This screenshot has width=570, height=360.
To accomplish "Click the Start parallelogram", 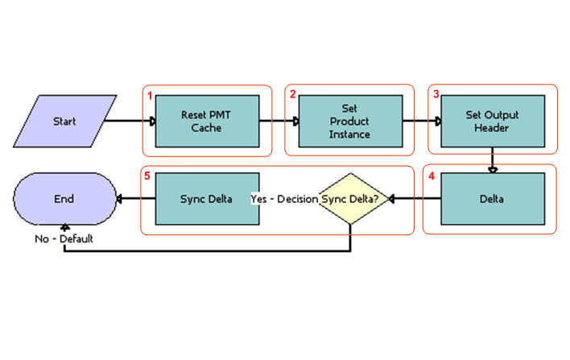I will click(x=64, y=122).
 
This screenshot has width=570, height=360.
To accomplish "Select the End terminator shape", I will click(x=64, y=198).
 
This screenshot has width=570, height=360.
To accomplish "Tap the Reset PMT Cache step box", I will click(x=207, y=122).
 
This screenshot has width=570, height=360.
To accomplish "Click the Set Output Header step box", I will click(x=492, y=122).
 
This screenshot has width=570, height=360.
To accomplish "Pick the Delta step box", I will click(x=492, y=198).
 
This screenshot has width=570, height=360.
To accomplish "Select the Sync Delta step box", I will click(x=207, y=198).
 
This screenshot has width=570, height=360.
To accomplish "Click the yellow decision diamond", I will click(x=351, y=198).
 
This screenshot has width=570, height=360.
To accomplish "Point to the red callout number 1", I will click(x=150, y=95).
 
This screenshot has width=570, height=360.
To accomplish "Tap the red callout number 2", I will click(x=293, y=94).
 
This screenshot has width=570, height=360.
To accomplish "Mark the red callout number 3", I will click(x=436, y=94).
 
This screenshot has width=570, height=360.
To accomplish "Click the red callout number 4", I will click(x=432, y=175).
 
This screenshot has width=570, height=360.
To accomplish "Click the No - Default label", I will click(x=64, y=238).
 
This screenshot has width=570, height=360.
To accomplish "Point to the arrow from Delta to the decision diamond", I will click(x=415, y=198).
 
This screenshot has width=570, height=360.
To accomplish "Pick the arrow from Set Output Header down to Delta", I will click(x=492, y=159).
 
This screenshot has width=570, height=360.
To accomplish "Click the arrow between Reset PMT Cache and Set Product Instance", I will click(x=279, y=122).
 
